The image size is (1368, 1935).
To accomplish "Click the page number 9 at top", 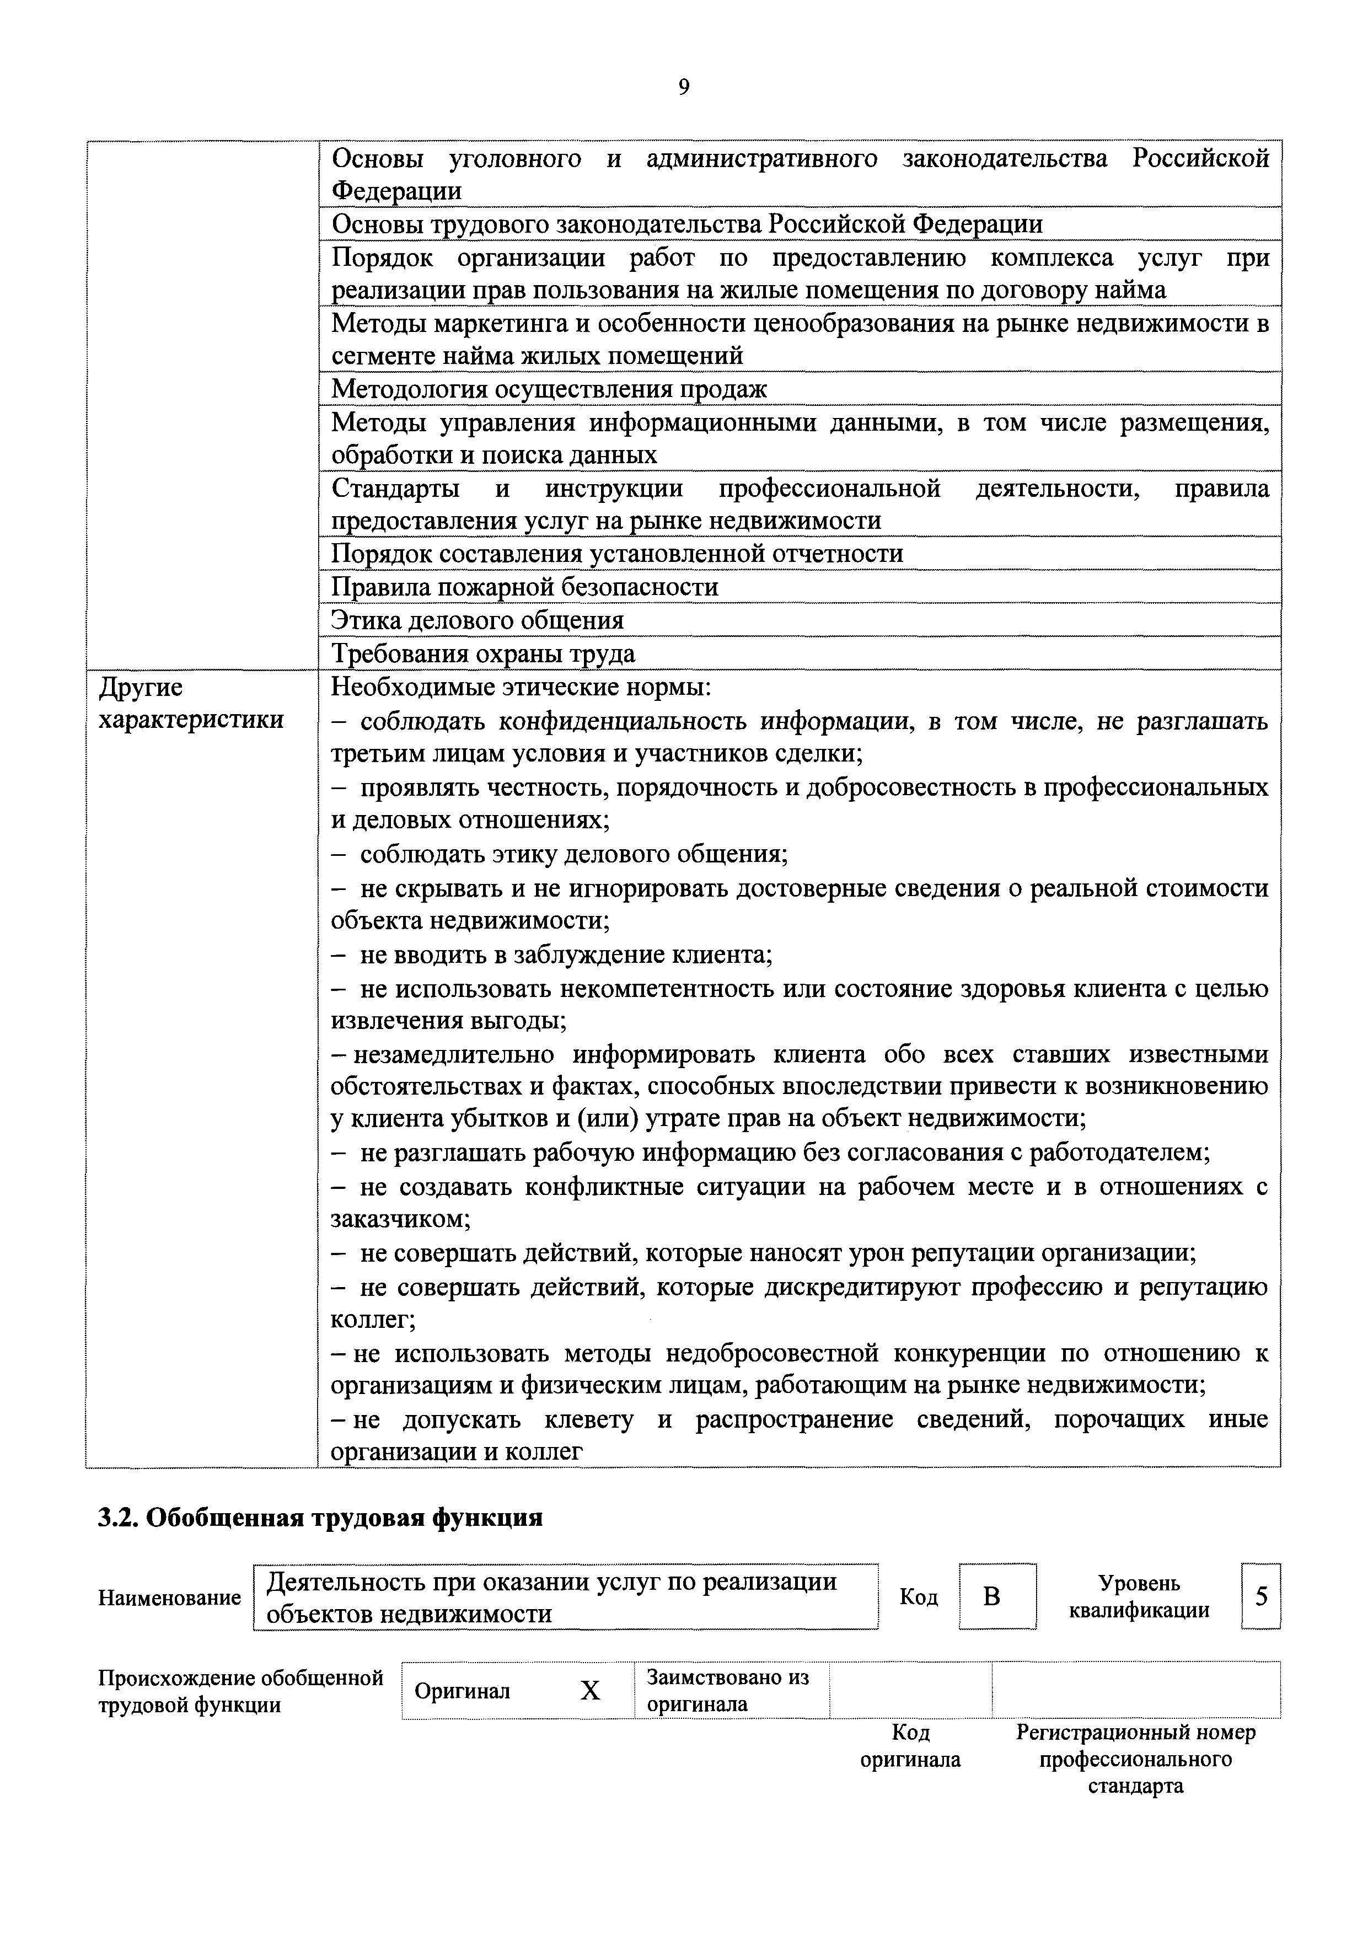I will click(x=684, y=88).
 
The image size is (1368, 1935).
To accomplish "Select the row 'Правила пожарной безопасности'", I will click(x=524, y=587).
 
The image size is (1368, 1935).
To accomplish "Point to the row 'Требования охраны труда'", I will click(x=483, y=655).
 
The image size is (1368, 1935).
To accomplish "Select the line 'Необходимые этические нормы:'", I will click(x=521, y=688).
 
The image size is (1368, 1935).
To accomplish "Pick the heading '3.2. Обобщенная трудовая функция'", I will click(x=320, y=1518).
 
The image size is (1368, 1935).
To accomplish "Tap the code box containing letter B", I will click(x=996, y=1596).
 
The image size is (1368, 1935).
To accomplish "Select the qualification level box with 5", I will click(x=1261, y=1596).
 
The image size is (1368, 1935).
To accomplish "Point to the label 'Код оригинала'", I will click(x=910, y=1746).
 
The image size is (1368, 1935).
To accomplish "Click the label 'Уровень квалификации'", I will click(x=1139, y=1597).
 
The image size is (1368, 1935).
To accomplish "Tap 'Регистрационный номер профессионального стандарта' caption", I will click(x=1135, y=1760).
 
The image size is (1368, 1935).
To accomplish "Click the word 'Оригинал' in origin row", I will click(x=463, y=1691).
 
